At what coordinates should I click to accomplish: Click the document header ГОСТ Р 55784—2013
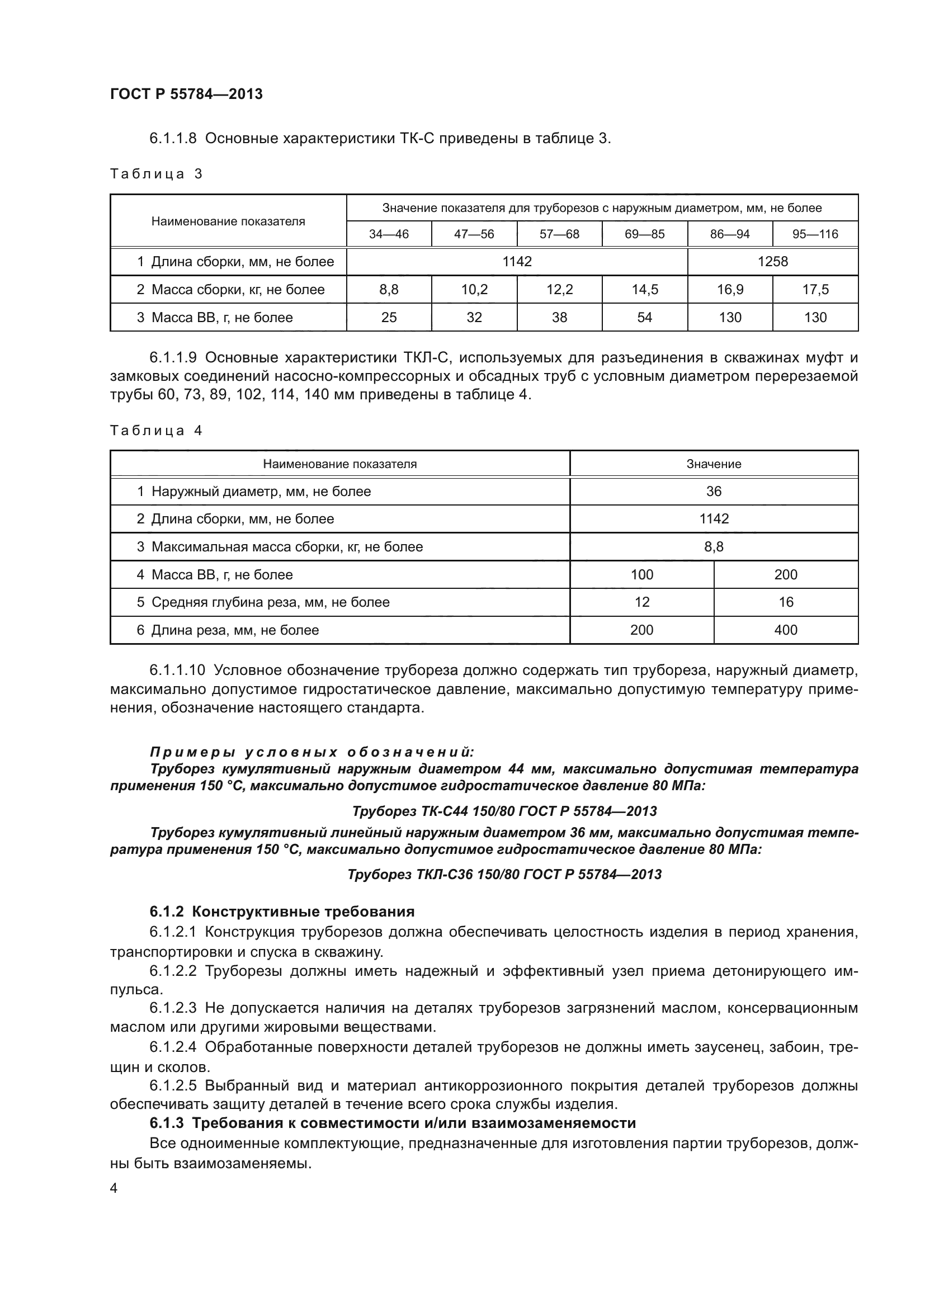186,94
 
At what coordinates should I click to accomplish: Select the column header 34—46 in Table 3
389,234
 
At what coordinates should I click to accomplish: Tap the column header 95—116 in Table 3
815,234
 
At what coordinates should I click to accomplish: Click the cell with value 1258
772,262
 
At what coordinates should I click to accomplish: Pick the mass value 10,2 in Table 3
474,290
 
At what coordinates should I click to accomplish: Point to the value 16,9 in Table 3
730,290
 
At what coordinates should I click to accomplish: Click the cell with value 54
644,317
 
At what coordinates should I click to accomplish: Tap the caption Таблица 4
156,431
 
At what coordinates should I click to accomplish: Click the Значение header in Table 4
713,464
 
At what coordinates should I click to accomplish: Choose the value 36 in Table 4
713,491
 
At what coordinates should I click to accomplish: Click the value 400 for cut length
785,630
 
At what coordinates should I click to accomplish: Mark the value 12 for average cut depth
641,602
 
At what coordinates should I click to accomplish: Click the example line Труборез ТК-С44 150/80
504,811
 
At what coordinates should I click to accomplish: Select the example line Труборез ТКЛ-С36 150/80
504,875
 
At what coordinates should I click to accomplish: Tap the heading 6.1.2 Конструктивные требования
282,912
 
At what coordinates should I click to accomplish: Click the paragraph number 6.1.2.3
173,1008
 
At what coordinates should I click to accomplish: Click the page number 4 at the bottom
114,1189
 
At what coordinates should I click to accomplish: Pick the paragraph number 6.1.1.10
177,670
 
